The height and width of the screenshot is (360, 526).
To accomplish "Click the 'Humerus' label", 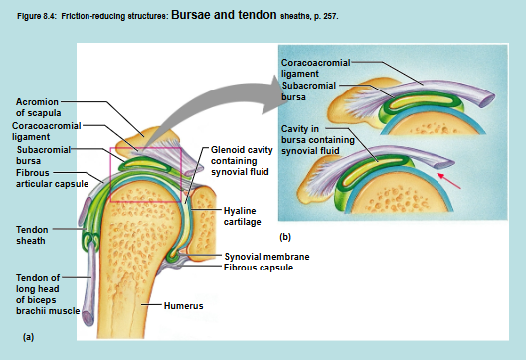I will pyautogui.click(x=184, y=305).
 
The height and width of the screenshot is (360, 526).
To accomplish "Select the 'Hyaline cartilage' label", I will pyautogui.click(x=241, y=216).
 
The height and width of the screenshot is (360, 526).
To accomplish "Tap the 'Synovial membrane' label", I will pyautogui.click(x=260, y=256).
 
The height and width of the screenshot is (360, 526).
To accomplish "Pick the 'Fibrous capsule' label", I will pyautogui.click(x=255, y=267).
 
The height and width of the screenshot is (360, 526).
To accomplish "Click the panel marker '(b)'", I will pyautogui.click(x=285, y=238).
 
